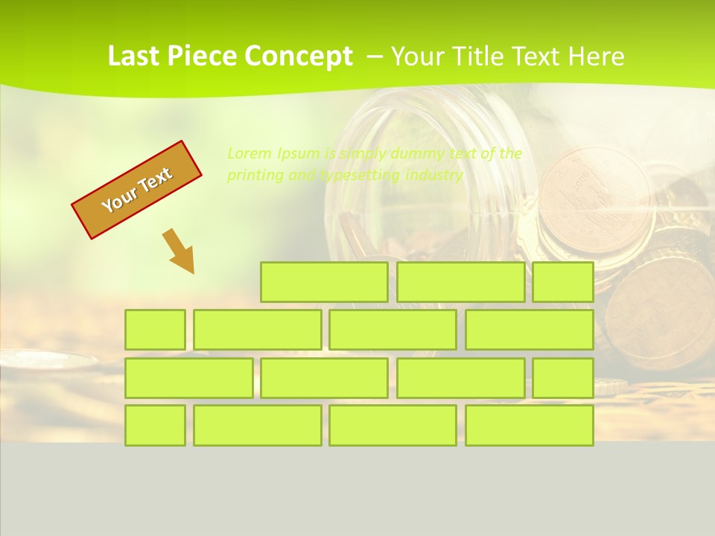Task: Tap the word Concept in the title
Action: click(299, 57)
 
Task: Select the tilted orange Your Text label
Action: click(137, 190)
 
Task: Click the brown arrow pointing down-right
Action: click(179, 252)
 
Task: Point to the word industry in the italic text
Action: click(434, 176)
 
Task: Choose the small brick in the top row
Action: click(563, 282)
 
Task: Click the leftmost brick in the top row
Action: click(324, 282)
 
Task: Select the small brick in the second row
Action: click(155, 330)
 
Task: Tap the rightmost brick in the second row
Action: click(530, 330)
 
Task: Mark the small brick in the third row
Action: click(563, 378)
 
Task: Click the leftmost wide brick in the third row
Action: click(188, 378)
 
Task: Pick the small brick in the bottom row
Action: click(155, 426)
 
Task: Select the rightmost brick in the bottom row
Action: click(530, 426)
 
